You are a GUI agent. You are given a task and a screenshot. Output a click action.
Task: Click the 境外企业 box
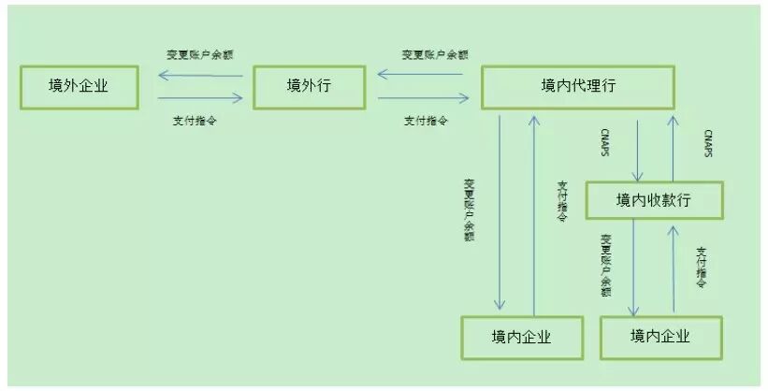[79, 87]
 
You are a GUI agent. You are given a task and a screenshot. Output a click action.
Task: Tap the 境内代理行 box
[577, 87]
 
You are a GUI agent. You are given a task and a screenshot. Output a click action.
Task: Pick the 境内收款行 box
[655, 199]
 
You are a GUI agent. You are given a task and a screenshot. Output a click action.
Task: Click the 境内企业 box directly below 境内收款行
[659, 337]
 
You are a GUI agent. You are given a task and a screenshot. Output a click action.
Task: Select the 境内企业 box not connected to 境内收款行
[521, 338]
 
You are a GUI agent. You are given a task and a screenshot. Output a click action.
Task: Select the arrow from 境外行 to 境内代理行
[423, 97]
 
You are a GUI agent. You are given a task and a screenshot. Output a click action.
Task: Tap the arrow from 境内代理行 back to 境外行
[423, 75]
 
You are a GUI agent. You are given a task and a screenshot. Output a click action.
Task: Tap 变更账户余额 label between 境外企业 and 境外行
[199, 54]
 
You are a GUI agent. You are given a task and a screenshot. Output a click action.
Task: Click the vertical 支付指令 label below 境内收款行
[703, 267]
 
